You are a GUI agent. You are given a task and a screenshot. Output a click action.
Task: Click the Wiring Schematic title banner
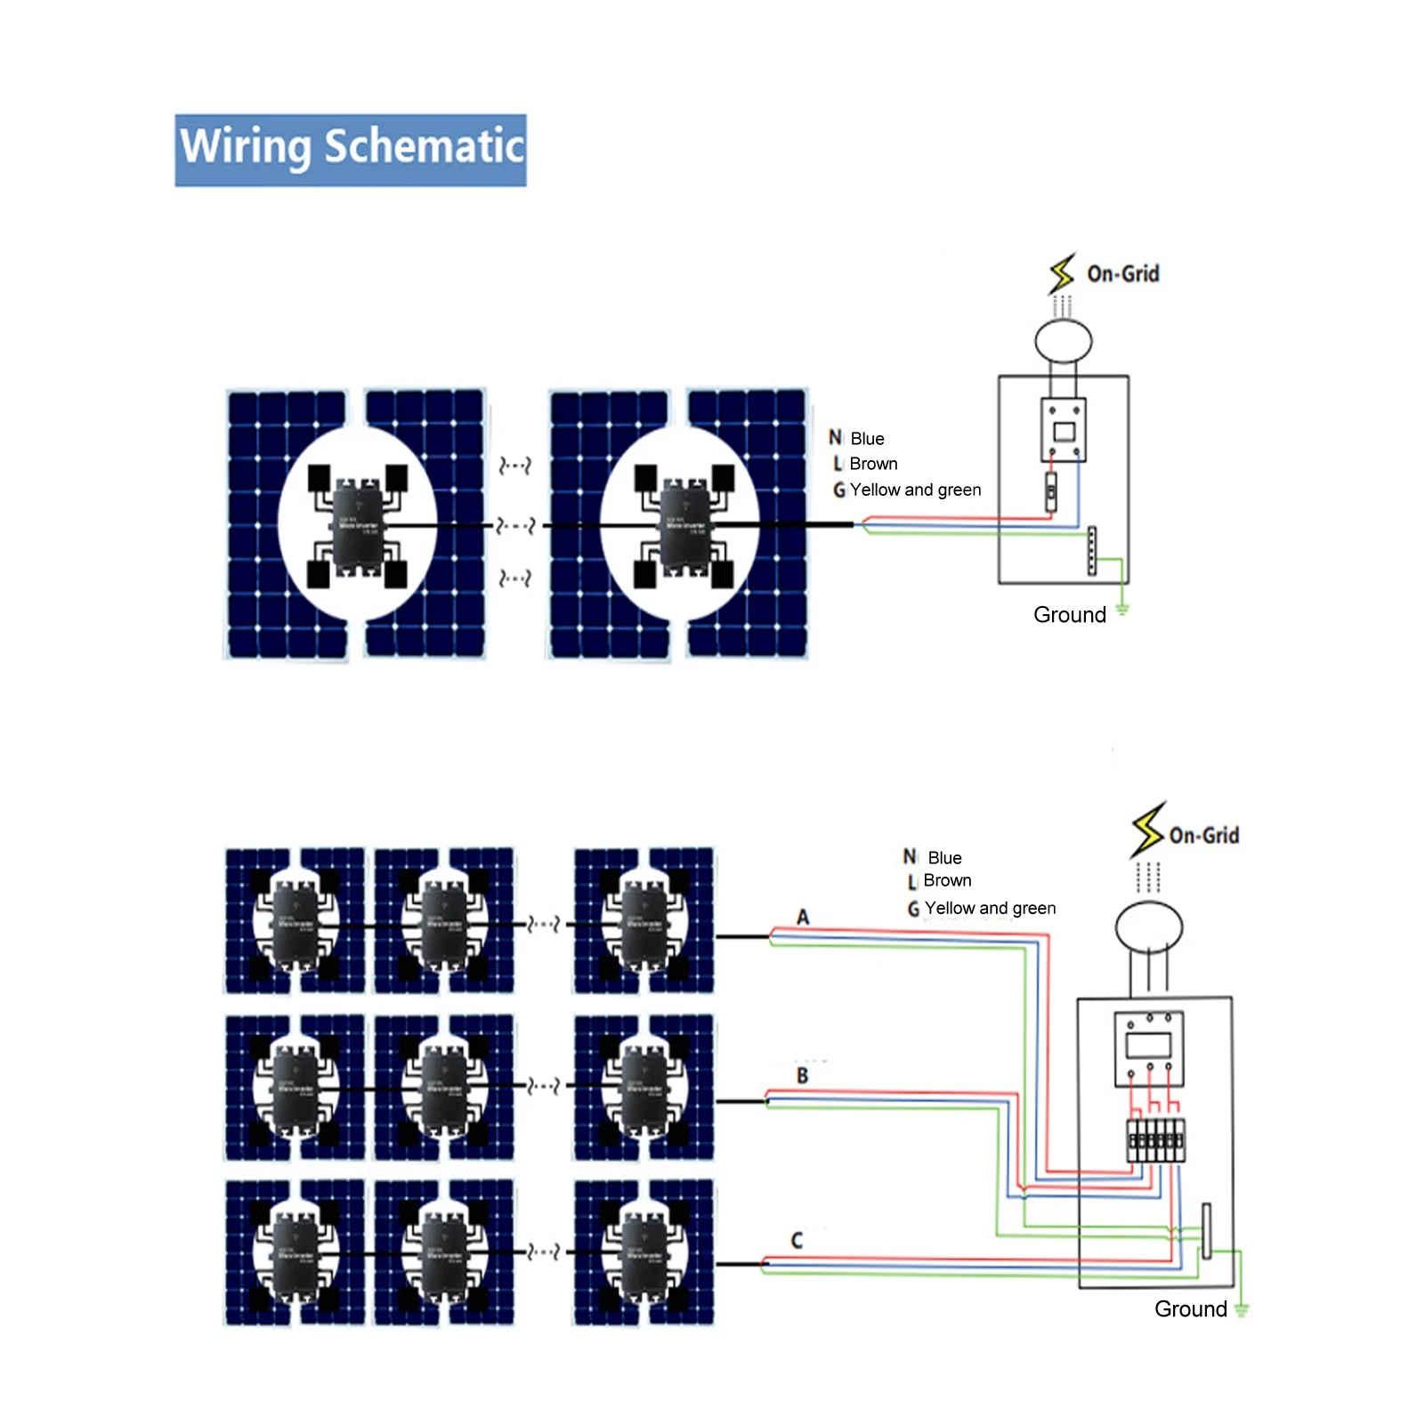click(x=350, y=150)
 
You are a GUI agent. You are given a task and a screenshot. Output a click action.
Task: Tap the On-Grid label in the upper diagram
click(x=1122, y=273)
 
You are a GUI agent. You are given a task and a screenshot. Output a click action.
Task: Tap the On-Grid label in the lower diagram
click(x=1203, y=835)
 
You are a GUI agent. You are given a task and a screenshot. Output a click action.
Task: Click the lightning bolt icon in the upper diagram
click(x=1061, y=273)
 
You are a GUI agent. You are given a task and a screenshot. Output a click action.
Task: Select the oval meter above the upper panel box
click(x=1063, y=340)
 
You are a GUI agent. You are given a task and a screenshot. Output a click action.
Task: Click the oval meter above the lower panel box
click(x=1148, y=927)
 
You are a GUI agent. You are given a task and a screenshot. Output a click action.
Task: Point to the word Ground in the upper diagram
click(x=1069, y=614)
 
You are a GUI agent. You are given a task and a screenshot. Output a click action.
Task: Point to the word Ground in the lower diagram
click(x=1190, y=1308)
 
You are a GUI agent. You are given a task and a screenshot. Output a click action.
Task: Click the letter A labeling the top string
click(x=803, y=917)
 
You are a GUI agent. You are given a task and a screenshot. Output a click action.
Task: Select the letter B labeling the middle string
click(x=802, y=1075)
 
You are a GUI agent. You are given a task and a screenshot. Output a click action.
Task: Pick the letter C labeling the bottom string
click(x=797, y=1240)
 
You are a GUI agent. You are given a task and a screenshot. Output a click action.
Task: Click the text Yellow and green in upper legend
click(x=915, y=490)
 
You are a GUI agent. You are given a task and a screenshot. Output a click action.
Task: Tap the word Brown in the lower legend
click(x=947, y=880)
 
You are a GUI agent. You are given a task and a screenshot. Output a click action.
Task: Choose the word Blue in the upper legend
click(x=867, y=439)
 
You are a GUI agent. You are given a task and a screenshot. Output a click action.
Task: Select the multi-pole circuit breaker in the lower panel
click(x=1155, y=1140)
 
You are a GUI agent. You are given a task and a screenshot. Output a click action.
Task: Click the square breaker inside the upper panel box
click(x=1063, y=430)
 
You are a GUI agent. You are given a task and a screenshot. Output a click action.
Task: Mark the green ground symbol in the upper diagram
click(x=1122, y=609)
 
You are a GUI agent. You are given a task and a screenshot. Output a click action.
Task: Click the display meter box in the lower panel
click(x=1148, y=1048)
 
